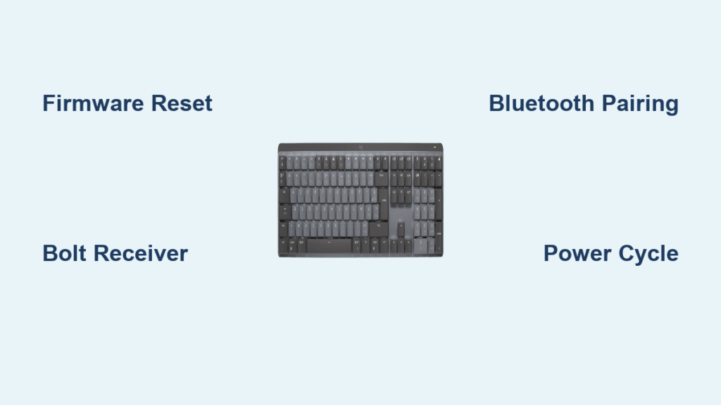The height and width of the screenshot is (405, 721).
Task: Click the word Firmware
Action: pyautogui.click(x=94, y=103)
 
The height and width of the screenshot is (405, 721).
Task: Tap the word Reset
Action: pyautogui.click(x=182, y=103)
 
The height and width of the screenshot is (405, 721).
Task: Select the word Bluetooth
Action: pyautogui.click(x=541, y=103)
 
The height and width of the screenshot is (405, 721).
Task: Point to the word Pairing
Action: pyautogui.click(x=640, y=104)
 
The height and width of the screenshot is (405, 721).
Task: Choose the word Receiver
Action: pyautogui.click(x=141, y=253)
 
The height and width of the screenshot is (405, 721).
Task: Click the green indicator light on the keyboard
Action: pyautogui.click(x=434, y=148)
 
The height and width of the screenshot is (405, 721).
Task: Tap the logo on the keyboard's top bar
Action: pyautogui.click(x=361, y=148)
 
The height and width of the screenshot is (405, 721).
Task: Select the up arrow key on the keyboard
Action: pyautogui.click(x=401, y=229)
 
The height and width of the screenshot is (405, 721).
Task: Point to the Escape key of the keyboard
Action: pyautogui.click(x=282, y=162)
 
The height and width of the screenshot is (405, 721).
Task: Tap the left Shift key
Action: pyautogui.click(x=284, y=229)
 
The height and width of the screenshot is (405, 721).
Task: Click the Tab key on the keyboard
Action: pyautogui.click(x=284, y=195)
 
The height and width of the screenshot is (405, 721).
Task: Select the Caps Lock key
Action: pyautogui.click(x=286, y=212)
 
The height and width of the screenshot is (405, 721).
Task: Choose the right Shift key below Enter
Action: pyautogui.click(x=378, y=229)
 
